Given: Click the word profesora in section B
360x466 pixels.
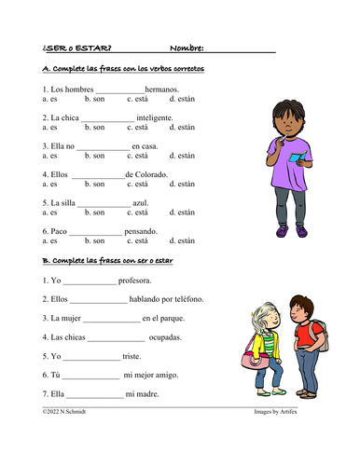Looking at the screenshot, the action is point(136,280).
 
